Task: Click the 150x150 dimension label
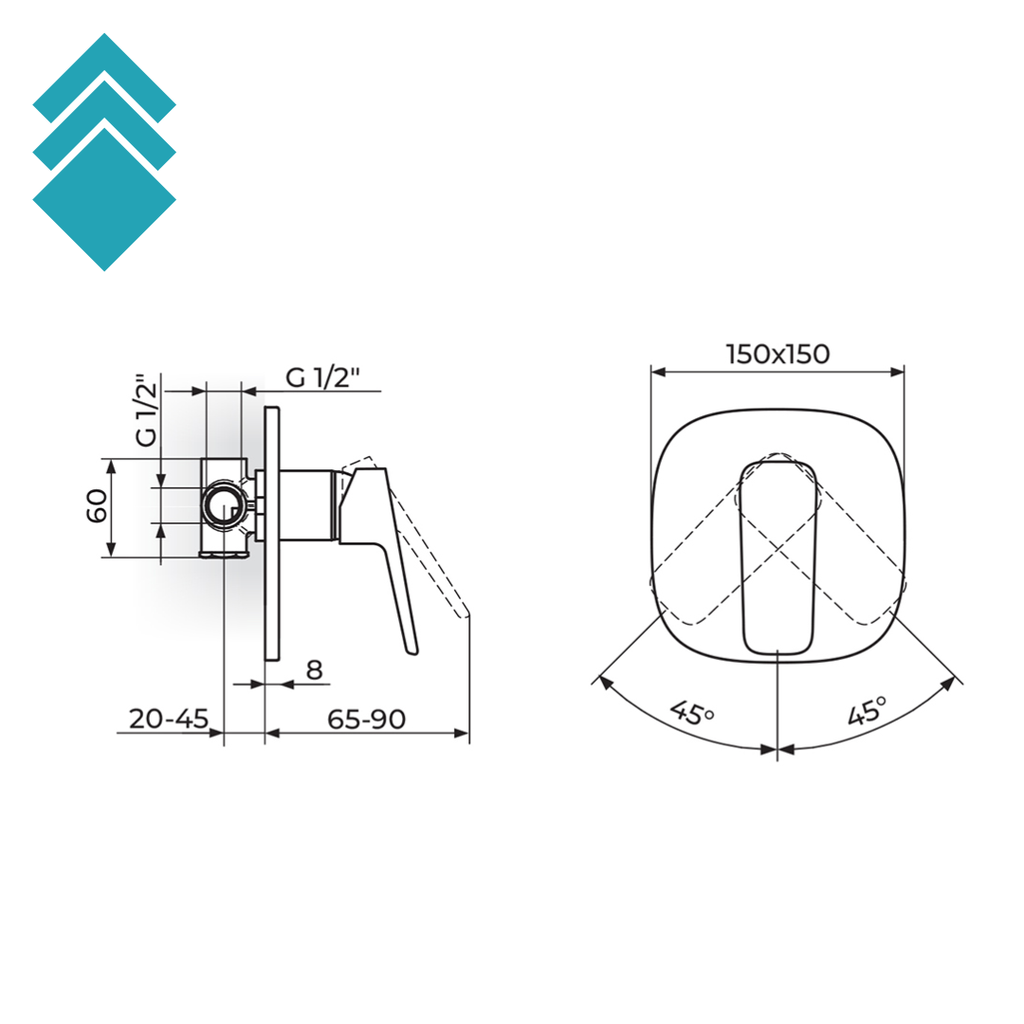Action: point(778,354)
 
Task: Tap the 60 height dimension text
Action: point(97,506)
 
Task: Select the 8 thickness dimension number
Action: point(314,669)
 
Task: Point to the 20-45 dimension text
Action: point(168,718)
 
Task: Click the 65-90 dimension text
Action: point(366,719)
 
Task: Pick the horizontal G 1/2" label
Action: point(323,377)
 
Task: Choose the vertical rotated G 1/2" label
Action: point(148,410)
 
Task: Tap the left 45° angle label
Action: point(692,712)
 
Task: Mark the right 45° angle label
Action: point(867,711)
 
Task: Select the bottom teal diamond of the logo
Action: point(104,199)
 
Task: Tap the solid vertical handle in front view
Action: point(777,557)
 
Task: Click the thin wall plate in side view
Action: point(272,534)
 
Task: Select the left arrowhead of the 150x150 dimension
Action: point(658,372)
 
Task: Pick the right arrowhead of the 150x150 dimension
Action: point(897,372)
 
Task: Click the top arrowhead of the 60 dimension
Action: point(111,466)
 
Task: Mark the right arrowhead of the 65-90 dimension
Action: point(462,733)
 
